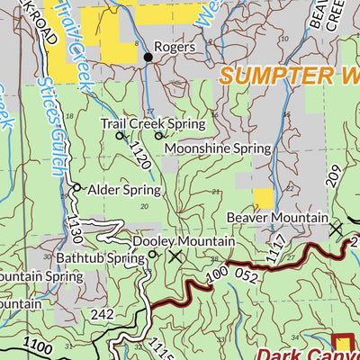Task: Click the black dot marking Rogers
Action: click(148, 57)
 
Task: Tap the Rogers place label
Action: click(175, 47)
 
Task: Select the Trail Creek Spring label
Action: click(152, 123)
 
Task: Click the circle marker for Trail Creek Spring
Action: click(120, 136)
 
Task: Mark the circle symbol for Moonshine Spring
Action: click(158, 136)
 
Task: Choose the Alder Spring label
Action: click(124, 190)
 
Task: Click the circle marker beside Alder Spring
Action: click(77, 188)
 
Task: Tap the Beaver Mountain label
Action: click(276, 218)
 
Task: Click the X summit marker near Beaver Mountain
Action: click(336, 229)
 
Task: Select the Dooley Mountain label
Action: click(184, 242)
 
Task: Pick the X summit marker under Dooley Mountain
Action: click(175, 256)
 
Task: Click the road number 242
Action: click(103, 314)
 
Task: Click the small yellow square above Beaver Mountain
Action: click(263, 198)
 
